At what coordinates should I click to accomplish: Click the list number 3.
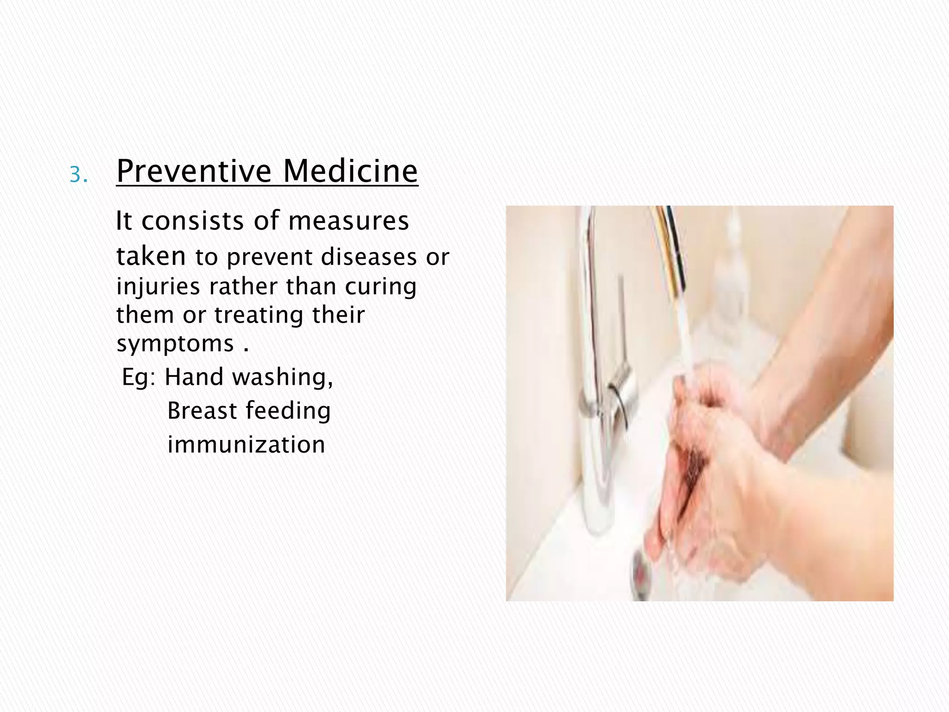pos(78,176)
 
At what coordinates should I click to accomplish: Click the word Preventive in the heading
pos(194,171)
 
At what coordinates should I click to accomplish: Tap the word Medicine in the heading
pos(350,171)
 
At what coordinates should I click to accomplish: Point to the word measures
pos(348,221)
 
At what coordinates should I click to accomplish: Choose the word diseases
pos(368,257)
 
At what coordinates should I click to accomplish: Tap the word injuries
pos(157,287)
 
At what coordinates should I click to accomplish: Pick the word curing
pos(380,287)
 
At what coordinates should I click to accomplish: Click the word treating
pos(258,315)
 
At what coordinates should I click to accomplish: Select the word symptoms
pos(175,344)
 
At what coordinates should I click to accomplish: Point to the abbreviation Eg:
pos(139,377)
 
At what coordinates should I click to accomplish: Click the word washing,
pos(283,377)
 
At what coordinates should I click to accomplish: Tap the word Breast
pos(202,411)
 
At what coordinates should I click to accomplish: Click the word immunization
pos(246,445)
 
